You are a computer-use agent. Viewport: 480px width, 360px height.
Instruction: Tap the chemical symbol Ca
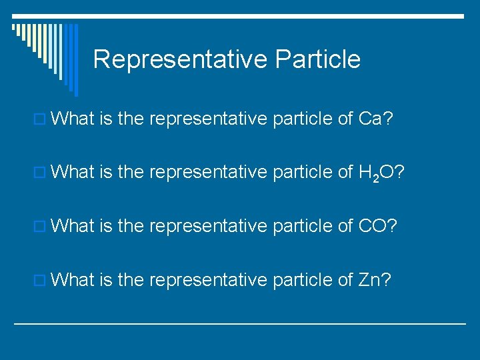pyautogui.click(x=370, y=119)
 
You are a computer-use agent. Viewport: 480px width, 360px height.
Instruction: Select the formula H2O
pyautogui.click(x=373, y=173)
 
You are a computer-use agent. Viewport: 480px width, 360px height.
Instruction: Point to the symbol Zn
pyautogui.click(x=369, y=279)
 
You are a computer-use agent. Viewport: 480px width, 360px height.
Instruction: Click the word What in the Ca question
pyautogui.click(x=73, y=119)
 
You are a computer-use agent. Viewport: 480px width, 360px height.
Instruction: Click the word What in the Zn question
pyautogui.click(x=73, y=279)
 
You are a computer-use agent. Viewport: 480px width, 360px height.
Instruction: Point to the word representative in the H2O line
pyautogui.click(x=208, y=173)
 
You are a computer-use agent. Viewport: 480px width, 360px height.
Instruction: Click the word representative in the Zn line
pyautogui.click(x=208, y=279)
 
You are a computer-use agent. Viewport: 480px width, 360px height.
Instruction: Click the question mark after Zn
pyautogui.click(x=387, y=279)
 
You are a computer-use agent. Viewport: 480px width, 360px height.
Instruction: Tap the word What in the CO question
pyautogui.click(x=73, y=226)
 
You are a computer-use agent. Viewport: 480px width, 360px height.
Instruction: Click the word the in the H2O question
pyautogui.click(x=131, y=173)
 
